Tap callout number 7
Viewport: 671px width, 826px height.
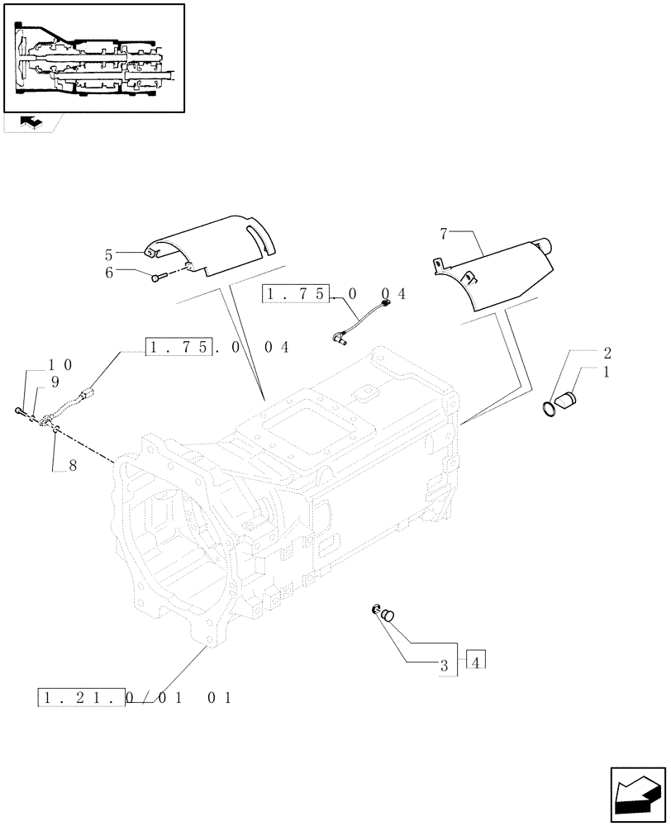point(444,234)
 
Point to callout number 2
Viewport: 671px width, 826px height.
point(607,353)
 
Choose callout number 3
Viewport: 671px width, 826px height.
point(444,665)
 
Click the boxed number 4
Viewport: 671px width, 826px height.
point(477,661)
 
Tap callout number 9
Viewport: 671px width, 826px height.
point(55,382)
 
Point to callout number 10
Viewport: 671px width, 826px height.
point(61,364)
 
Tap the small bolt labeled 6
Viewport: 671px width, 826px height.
point(159,277)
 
